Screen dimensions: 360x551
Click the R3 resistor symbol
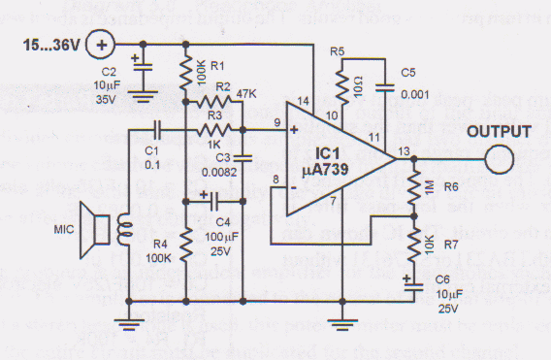click(x=207, y=128)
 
